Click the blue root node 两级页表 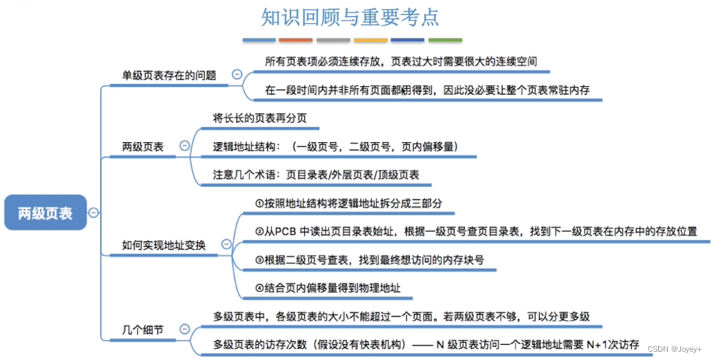pos(45,213)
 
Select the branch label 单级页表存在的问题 pos(169,75)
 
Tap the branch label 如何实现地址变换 pos(164,244)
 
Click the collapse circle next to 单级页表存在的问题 pos(237,74)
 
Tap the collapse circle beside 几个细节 pos(184,330)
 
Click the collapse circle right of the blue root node pos(93,212)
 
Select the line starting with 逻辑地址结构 pos(335,146)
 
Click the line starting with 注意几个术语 pos(316,174)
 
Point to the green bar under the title pos(445,40)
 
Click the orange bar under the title pos(296,40)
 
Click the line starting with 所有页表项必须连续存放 pos(401,61)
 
